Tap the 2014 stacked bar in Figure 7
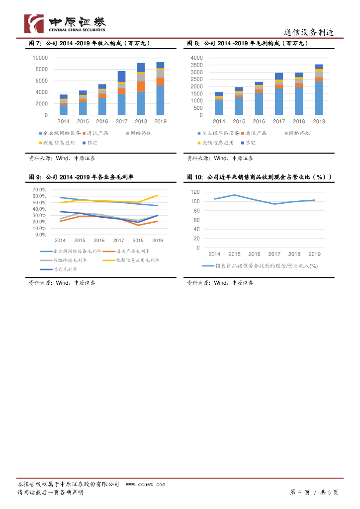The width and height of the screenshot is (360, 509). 64,104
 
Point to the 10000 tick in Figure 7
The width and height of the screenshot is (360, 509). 40,58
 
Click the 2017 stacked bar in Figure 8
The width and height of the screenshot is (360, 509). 279,94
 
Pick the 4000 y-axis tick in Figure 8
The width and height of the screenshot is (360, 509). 197,58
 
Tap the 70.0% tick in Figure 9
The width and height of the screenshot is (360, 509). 39,190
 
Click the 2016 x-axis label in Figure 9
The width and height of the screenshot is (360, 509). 99,240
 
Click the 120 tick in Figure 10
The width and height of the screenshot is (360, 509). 195,192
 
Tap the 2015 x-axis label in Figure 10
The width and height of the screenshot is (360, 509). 234,254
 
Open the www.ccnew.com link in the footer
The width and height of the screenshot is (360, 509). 145,484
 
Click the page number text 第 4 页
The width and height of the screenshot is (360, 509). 300,492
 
